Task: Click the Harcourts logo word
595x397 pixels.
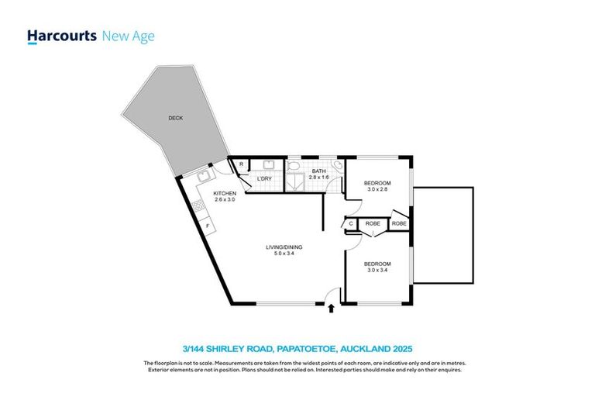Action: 62,36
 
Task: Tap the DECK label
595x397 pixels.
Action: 175,119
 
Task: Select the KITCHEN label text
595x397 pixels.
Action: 225,193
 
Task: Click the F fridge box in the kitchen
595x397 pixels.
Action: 208,225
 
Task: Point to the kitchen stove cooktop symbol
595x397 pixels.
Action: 198,206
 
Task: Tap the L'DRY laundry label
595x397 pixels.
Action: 263,180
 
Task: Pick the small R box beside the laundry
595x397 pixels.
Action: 242,164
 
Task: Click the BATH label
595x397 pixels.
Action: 318,171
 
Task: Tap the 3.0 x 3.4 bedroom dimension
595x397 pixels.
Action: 381,270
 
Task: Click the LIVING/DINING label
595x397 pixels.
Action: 284,247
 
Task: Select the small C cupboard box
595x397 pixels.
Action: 351,224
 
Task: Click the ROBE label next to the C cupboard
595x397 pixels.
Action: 373,224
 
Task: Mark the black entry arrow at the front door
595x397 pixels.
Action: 332,309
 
